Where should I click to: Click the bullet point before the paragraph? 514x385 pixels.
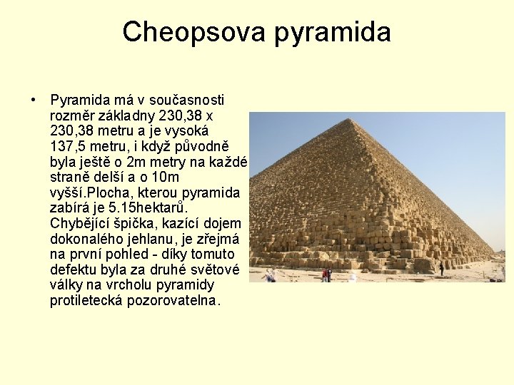pos(33,100)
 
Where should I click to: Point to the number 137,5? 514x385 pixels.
pos(69,145)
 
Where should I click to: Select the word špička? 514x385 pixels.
pos(132,223)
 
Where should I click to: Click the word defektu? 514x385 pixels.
pos(73,269)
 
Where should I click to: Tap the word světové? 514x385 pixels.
pos(217,269)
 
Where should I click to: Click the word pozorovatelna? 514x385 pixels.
pos(173,300)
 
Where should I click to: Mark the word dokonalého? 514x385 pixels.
pos(84,239)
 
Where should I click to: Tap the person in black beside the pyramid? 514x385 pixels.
pos(441,268)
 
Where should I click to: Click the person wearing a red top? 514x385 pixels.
pos(326,274)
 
